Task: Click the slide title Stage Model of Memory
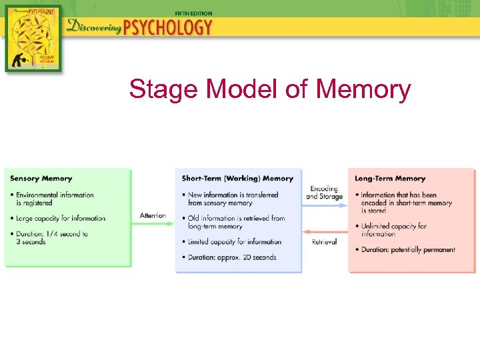(x=270, y=89)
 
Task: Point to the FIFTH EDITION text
(x=193, y=13)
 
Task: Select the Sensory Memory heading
(x=41, y=179)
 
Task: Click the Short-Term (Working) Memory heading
(x=237, y=179)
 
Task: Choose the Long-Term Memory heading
(x=390, y=179)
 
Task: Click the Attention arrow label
(x=153, y=215)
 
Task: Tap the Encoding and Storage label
(x=324, y=193)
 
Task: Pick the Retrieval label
(x=324, y=241)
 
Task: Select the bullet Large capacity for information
(x=61, y=218)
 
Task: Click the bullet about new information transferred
(x=233, y=199)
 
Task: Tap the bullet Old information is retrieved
(x=236, y=222)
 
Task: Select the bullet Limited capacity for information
(x=235, y=242)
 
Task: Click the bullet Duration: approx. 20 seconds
(x=232, y=257)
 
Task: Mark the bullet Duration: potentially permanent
(x=408, y=250)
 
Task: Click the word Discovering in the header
(x=93, y=28)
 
